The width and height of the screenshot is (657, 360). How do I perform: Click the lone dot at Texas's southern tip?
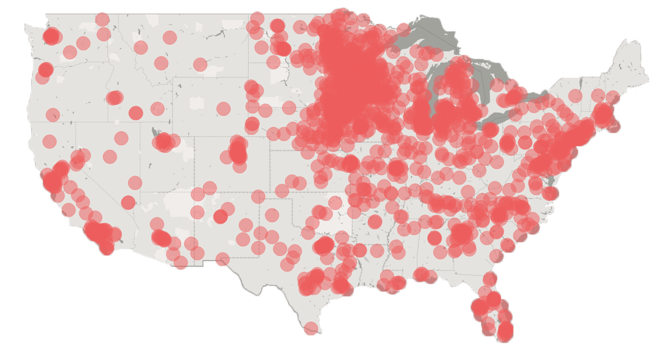pos(311,328)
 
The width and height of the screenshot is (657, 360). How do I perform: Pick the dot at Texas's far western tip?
pos(222,259)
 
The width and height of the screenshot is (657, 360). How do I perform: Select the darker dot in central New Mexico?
pos(221,216)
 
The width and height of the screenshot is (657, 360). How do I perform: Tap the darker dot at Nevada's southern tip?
pos(128,202)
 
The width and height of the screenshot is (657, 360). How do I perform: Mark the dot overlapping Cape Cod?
pos(613,126)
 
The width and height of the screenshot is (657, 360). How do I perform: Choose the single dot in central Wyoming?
pos(223,109)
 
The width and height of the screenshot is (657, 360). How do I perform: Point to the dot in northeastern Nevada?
pos(121,138)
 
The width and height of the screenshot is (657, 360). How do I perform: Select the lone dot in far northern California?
pos(49,141)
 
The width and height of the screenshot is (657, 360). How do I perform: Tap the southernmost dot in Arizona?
pos(181,263)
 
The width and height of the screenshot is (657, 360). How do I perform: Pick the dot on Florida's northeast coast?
pos(491,279)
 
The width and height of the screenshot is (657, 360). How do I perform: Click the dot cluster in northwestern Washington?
pos(52,36)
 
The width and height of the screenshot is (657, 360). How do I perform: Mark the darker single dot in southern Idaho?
pos(136,113)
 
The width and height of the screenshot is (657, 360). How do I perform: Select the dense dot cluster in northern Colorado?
pos(238,151)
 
